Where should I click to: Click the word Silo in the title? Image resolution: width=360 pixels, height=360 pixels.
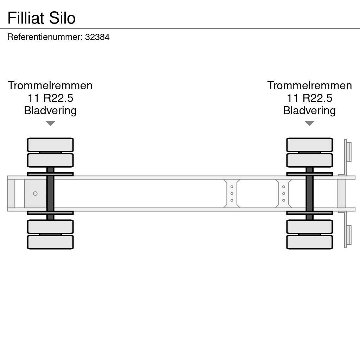62,18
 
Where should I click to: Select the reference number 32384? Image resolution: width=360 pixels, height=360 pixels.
97,37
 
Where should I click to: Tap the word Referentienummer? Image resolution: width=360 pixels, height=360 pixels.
45,37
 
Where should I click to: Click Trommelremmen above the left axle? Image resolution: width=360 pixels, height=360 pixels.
50,85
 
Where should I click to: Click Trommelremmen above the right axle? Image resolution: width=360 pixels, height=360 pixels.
309,85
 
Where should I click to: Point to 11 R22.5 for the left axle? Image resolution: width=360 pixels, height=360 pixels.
50,98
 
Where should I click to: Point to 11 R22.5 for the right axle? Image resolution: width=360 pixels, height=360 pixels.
309,98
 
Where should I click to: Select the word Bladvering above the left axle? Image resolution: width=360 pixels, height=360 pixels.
50,111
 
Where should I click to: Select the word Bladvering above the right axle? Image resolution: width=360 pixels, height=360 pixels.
309,111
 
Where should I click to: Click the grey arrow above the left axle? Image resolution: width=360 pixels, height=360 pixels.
50,123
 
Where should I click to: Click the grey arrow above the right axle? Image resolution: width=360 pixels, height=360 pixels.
309,123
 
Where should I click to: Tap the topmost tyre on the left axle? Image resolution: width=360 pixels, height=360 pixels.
50,145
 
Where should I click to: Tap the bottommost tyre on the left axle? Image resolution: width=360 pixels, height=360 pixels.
50,242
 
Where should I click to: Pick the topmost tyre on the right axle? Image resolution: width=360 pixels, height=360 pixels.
309,145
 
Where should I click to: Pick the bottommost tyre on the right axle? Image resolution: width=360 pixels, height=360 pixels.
309,242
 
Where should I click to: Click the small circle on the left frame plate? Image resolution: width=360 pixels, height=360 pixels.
35,194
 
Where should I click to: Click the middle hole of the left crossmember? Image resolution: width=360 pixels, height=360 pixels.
232,193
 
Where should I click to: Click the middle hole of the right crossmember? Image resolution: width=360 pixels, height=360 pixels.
283,193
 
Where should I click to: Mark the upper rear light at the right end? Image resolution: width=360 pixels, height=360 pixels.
349,152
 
